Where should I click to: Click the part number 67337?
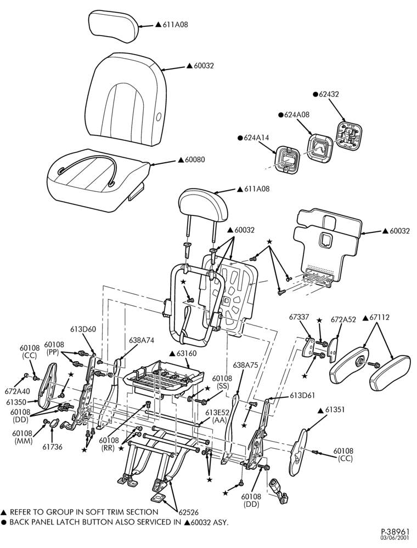pos(299,317)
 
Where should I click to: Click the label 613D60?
pos(83,329)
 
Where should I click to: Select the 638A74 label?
pos(142,340)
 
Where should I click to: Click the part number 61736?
pos(53,447)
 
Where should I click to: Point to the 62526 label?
pos(188,513)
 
